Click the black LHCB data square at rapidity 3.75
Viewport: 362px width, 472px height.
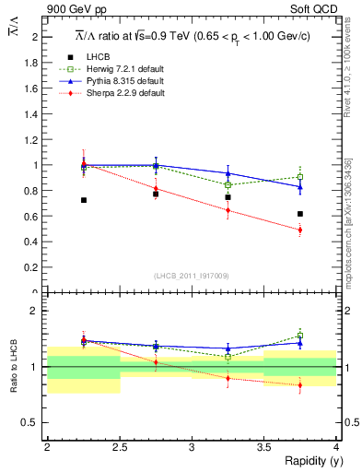[300, 214]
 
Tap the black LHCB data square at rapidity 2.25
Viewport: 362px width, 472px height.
[84, 200]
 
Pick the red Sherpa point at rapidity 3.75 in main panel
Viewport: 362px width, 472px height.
[300, 230]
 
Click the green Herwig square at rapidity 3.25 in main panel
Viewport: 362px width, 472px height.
[228, 185]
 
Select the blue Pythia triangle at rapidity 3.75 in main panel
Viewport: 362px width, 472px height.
[300, 187]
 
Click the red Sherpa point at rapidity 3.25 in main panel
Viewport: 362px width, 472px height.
[228, 210]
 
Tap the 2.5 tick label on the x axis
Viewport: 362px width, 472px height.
[119, 446]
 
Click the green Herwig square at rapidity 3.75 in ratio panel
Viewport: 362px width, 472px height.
[300, 336]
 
